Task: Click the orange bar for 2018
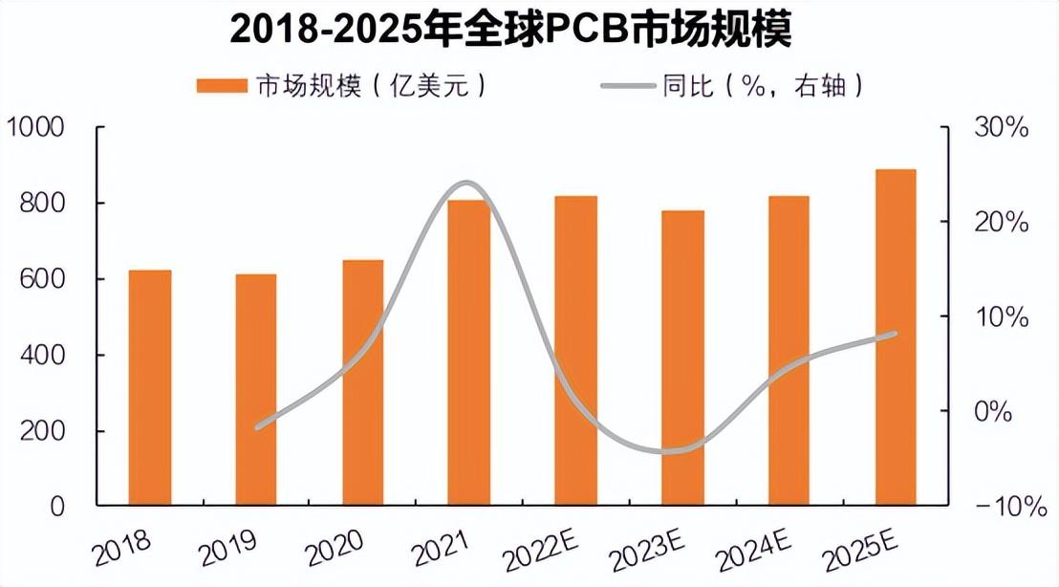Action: (150, 387)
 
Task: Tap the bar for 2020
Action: (363, 382)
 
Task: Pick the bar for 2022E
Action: (575, 350)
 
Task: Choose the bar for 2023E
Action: (682, 358)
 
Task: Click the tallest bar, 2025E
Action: (896, 337)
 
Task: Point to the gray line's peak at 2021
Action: (465, 183)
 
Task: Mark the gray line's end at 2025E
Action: (895, 334)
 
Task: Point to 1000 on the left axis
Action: (36, 127)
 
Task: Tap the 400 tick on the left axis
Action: (43, 356)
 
